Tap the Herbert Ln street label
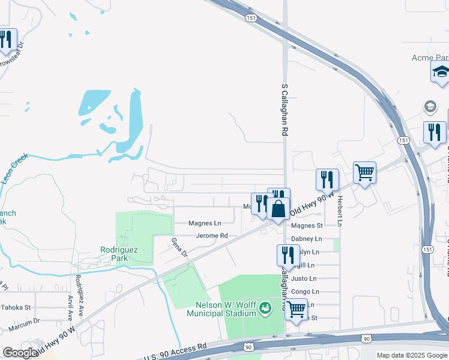tap(339, 211)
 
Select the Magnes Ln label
tap(205, 223)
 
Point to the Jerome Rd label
tap(212, 236)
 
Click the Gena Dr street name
tap(180, 247)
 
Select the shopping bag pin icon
tap(279, 209)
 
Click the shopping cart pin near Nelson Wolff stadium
tap(296, 310)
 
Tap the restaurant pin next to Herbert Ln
tap(327, 179)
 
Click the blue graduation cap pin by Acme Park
tap(441, 73)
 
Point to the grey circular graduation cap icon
tap(430, 107)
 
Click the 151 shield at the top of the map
tap(251, 19)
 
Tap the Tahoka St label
tap(15, 307)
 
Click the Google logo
tap(20, 353)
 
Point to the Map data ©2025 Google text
tap(411, 355)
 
